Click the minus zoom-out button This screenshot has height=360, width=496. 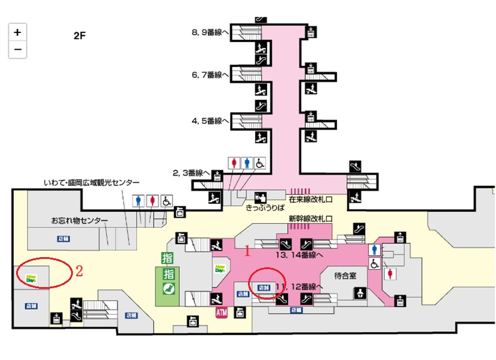17,49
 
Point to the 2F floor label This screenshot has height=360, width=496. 79,35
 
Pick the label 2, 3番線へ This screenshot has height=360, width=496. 191,172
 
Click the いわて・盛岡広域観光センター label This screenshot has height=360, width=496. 92,182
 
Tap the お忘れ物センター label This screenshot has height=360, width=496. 79,221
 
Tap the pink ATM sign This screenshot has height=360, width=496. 221,312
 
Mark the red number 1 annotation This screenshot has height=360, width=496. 246,252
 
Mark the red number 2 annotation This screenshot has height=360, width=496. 78,270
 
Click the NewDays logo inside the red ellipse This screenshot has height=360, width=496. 31,278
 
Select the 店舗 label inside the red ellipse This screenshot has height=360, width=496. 262,287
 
